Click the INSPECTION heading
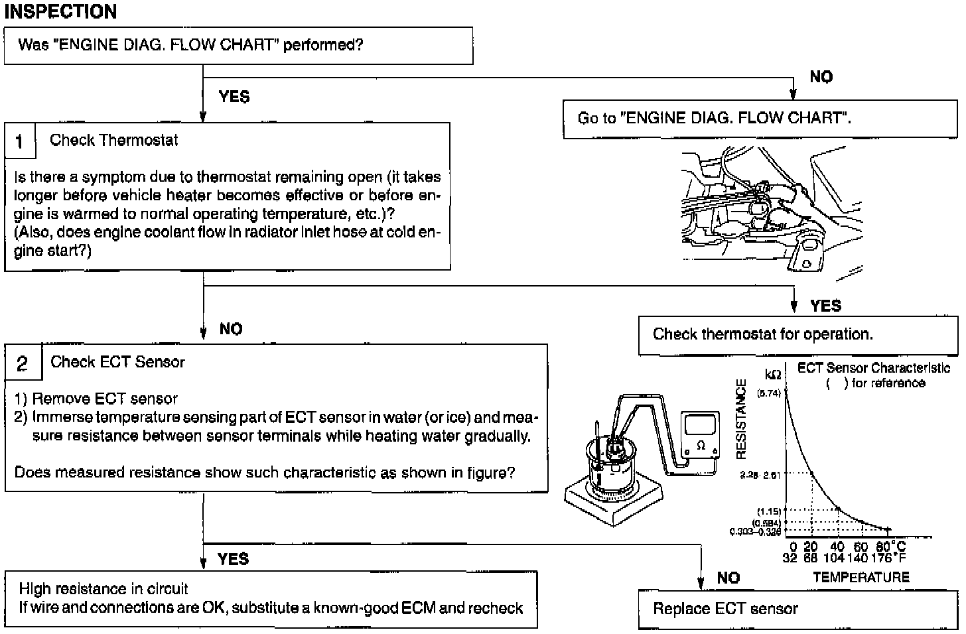(x=60, y=11)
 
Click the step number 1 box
(x=20, y=141)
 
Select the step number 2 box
(x=23, y=363)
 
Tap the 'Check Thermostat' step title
(x=113, y=140)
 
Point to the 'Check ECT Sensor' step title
(x=117, y=362)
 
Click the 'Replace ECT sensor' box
(x=726, y=609)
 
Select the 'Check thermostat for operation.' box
(x=763, y=334)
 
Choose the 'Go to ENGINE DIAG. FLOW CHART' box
(x=714, y=118)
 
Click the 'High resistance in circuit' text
(x=103, y=589)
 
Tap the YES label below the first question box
(x=234, y=97)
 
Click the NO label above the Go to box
(x=821, y=77)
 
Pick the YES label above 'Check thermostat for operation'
(x=825, y=306)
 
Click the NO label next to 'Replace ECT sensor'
(x=728, y=578)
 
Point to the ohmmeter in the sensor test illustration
(x=700, y=435)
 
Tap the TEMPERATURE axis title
(x=861, y=577)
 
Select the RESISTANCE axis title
(x=742, y=419)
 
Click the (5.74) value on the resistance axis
(x=770, y=393)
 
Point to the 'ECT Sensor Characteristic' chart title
(x=873, y=368)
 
